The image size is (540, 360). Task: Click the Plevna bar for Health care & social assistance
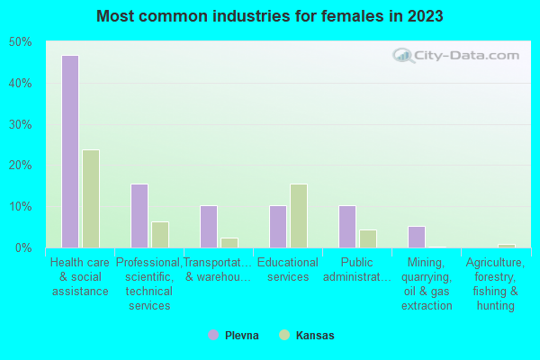(69, 151)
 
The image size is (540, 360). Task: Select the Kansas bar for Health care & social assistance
(91, 199)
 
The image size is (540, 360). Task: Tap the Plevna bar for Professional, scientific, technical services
(139, 216)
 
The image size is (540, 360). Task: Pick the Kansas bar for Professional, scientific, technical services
(160, 235)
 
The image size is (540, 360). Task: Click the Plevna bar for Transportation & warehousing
(208, 227)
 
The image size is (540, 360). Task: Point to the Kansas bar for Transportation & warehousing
(229, 243)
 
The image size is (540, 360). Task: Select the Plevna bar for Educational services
(277, 227)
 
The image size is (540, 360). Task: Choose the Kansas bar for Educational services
(299, 216)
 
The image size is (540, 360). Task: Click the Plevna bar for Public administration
(346, 227)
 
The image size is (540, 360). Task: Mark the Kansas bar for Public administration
(368, 238)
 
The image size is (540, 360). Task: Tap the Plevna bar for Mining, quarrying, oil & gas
(416, 237)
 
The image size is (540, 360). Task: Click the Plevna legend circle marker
(213, 336)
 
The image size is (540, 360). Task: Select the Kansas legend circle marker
(284, 336)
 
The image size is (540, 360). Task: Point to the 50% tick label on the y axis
(20, 42)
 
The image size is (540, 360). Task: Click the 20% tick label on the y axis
(20, 166)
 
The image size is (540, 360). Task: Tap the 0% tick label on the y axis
(22, 247)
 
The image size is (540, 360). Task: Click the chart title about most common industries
(270, 16)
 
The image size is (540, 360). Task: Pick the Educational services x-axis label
(288, 270)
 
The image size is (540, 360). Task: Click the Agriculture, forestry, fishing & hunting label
(495, 284)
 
